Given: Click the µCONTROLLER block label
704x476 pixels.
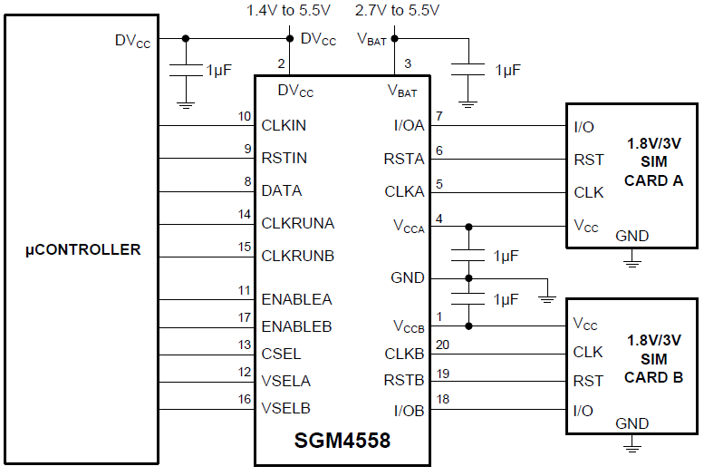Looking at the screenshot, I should (82, 249).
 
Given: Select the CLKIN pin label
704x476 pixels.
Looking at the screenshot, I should (284, 126).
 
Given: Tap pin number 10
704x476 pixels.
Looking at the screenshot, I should (245, 117).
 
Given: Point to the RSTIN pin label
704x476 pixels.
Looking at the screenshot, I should (284, 159).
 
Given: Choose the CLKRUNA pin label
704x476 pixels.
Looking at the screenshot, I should (297, 223).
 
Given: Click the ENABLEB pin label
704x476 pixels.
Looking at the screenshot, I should (296, 326).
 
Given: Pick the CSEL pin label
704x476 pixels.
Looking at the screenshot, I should (281, 354).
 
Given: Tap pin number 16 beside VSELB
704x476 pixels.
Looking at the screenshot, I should (245, 399).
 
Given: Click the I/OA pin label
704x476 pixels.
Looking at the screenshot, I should (408, 126).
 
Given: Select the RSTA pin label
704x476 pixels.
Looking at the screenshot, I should (404, 160).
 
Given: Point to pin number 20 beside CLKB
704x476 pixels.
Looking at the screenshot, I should (443, 345).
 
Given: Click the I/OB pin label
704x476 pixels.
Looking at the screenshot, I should (408, 411).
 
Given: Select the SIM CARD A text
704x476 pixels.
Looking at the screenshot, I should (653, 162).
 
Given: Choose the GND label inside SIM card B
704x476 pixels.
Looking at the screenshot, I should (632, 423).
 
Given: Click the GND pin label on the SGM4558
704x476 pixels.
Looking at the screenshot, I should (407, 278).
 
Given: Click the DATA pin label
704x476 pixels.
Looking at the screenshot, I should (281, 191).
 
